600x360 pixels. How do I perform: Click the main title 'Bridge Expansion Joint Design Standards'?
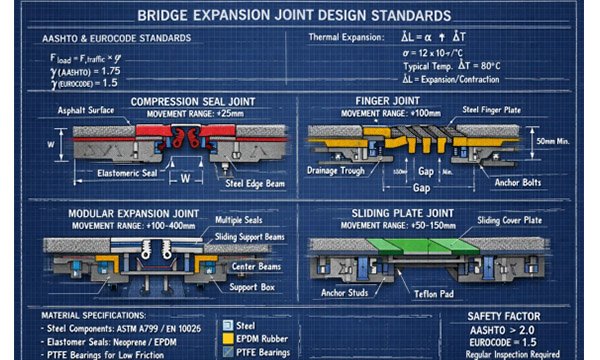click(x=300, y=16)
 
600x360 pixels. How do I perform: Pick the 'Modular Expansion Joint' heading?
click(x=130, y=213)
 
